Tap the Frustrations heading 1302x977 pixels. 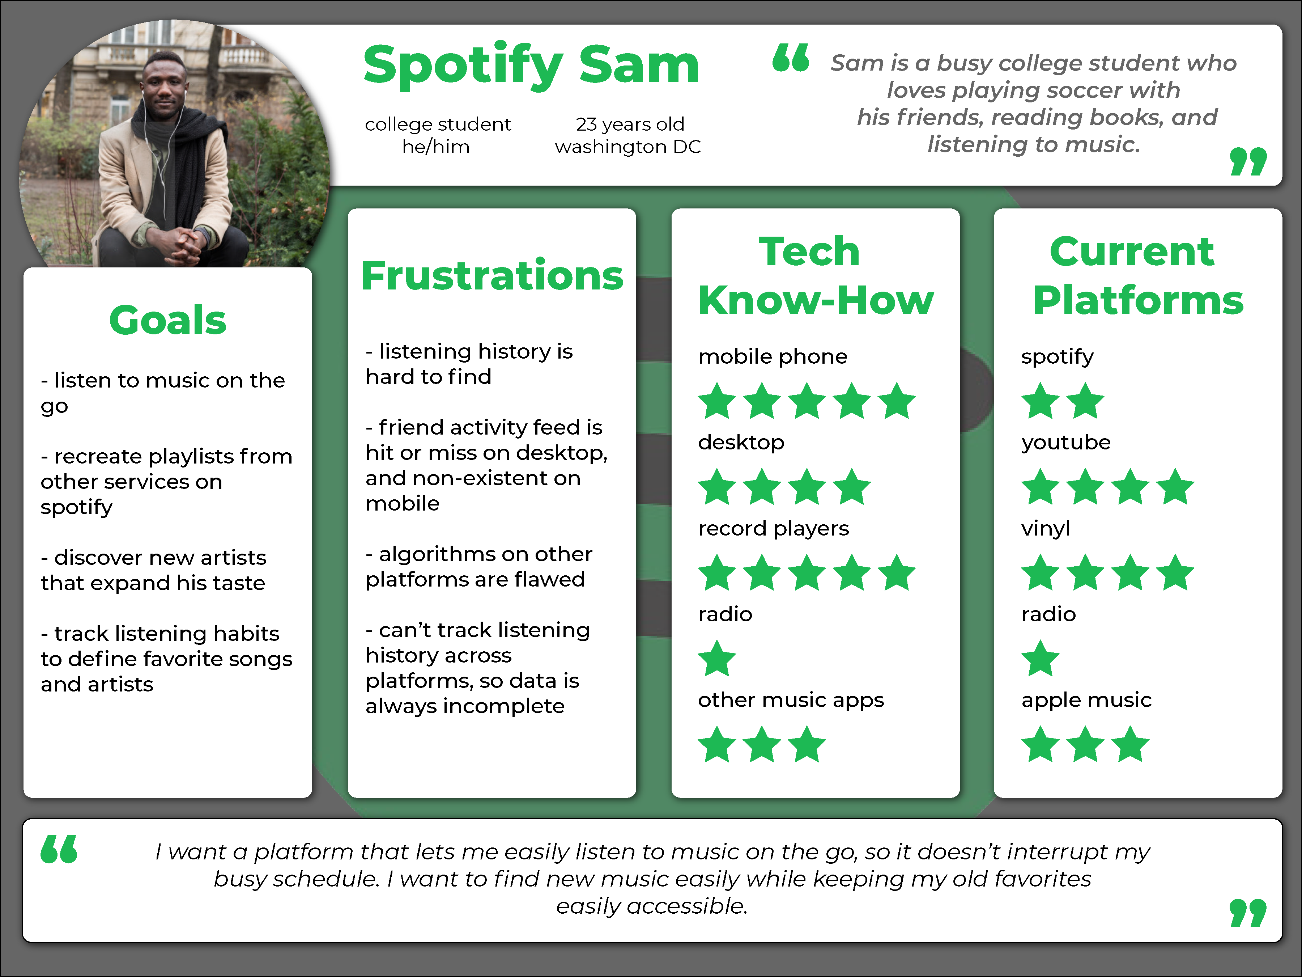[x=492, y=276]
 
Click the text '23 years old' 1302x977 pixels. [x=630, y=124]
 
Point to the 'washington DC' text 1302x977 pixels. [x=628, y=147]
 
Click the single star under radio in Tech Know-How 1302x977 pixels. [x=717, y=659]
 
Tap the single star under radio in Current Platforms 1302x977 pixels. [x=1040, y=659]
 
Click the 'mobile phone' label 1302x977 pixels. [x=772, y=356]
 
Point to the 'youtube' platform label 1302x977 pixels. [x=1066, y=442]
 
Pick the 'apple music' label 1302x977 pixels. [x=1086, y=699]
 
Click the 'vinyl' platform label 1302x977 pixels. [x=1045, y=528]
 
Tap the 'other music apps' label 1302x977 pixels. [x=791, y=699]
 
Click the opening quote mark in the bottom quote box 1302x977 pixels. [x=59, y=849]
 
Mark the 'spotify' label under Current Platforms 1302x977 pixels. [x=1057, y=356]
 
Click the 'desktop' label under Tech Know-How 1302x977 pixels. [x=741, y=442]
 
